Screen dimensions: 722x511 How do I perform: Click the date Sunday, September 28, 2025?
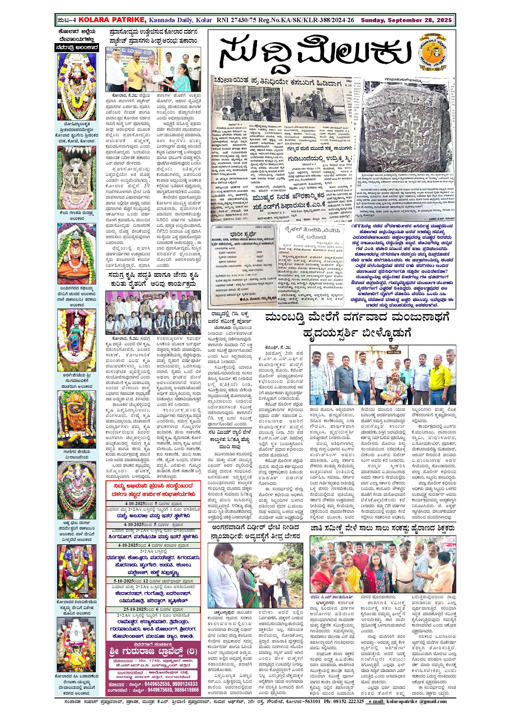click(406, 20)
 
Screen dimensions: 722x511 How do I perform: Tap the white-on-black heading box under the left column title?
click(77, 48)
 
